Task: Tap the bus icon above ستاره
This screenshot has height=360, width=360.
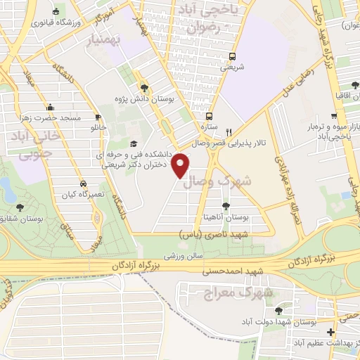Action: click(209, 117)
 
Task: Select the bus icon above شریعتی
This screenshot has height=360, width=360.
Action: click(232, 56)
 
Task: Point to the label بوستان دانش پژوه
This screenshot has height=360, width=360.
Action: click(144, 99)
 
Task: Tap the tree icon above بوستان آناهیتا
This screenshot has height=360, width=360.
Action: click(225, 206)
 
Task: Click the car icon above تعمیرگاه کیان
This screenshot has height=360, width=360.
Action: click(83, 183)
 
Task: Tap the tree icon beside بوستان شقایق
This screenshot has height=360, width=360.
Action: click(19, 207)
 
